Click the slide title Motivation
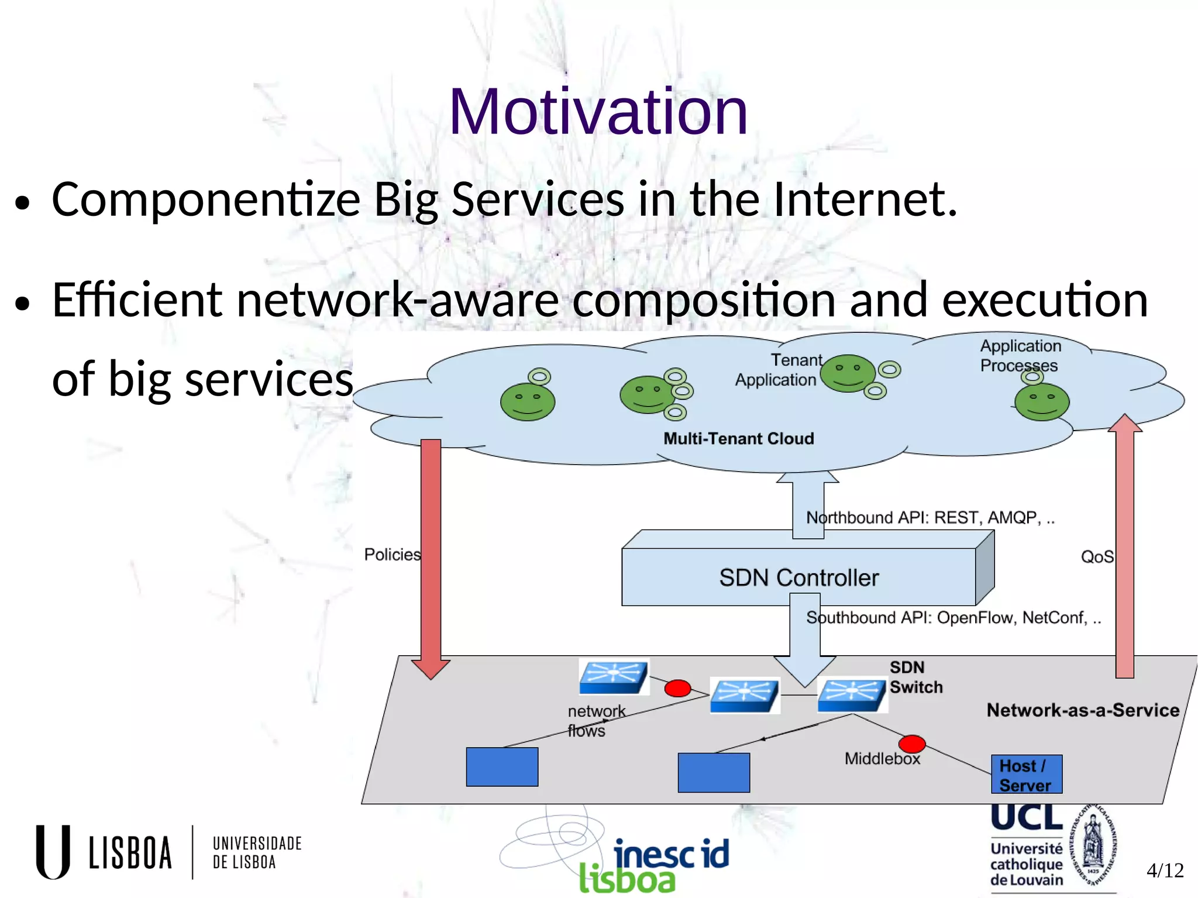pos(598,111)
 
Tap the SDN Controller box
pos(798,577)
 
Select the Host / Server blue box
pos(1026,775)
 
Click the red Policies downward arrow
pos(431,556)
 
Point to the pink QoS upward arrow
pos(1124,550)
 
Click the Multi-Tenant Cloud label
pos(738,439)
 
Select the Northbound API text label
pos(930,518)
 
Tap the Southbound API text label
pos(953,618)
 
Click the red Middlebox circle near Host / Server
pos(911,744)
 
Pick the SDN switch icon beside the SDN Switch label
pos(852,695)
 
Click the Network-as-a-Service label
pos(1083,710)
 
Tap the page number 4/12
pos(1165,871)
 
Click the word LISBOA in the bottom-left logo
pos(130,852)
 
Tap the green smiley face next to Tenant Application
pos(848,373)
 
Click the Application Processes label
pos(1020,356)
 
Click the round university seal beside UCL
pos(1093,846)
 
